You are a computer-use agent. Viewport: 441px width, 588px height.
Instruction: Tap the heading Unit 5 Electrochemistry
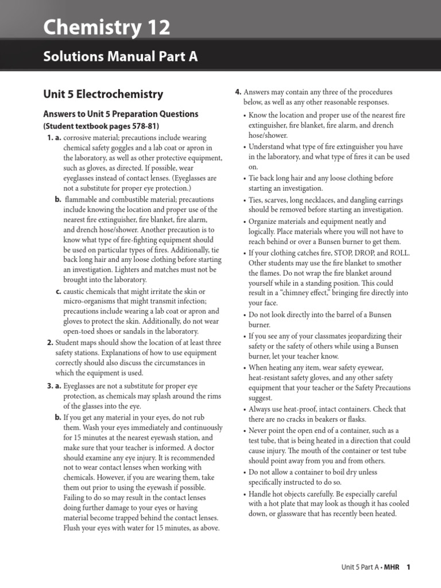click(103, 94)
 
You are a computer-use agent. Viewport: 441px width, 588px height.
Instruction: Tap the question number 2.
click(50, 342)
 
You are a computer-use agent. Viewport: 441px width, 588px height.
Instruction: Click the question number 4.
click(238, 92)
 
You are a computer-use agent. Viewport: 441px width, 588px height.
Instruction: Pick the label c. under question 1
click(59, 292)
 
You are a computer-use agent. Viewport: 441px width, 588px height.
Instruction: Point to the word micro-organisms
click(90, 302)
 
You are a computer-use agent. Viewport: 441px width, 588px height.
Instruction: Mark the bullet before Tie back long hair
click(244, 178)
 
